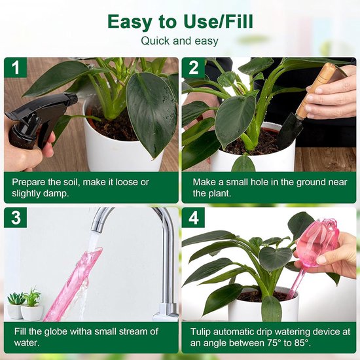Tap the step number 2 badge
point(193,67)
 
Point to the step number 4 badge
point(193,217)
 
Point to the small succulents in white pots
point(23,304)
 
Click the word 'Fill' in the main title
point(236,22)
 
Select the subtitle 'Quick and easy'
point(180,41)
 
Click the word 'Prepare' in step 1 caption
point(30,181)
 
